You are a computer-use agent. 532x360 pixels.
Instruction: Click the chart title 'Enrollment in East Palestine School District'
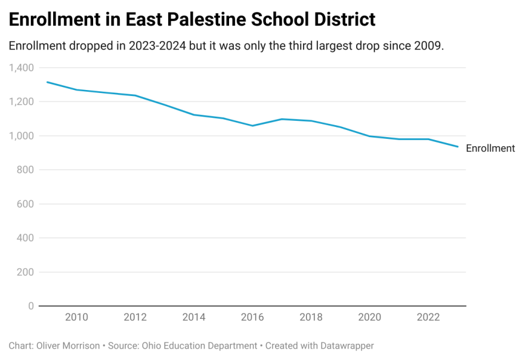coord(192,19)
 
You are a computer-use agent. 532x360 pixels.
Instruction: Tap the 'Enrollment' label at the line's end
coord(490,148)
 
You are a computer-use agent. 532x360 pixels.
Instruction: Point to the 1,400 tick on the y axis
coord(22,68)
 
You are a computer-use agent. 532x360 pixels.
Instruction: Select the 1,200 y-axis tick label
coord(22,101)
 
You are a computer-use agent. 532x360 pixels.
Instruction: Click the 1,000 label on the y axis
coord(22,136)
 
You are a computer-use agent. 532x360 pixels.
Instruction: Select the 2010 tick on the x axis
coord(76,318)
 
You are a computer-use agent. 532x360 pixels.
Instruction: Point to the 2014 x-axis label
coord(194,318)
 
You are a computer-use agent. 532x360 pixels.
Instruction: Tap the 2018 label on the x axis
coord(311,318)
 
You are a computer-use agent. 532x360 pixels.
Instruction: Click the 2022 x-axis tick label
coord(429,318)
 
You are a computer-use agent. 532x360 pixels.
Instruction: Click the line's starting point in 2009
coord(47,82)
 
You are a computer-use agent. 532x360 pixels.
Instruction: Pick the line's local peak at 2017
coord(282,119)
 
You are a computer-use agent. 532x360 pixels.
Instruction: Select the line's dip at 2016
coord(253,126)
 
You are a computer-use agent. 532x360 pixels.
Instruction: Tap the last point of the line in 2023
coord(458,147)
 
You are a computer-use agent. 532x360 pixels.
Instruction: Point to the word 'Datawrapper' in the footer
coord(345,346)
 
